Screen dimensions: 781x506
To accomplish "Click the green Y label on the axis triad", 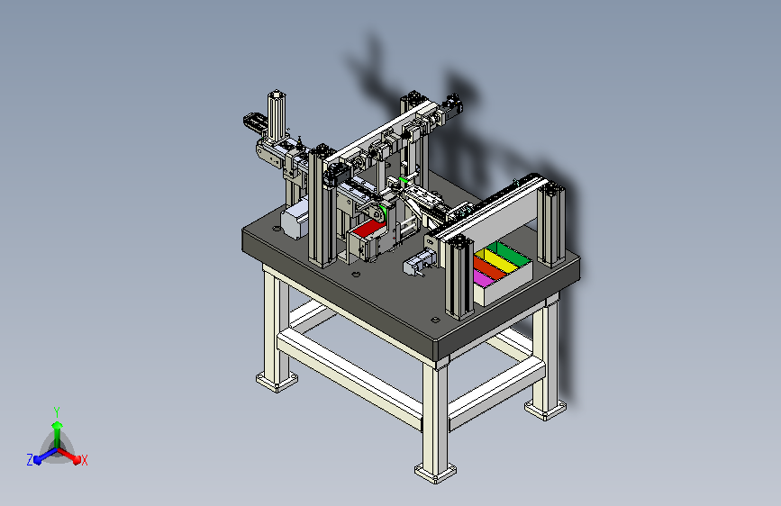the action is pyautogui.click(x=57, y=411).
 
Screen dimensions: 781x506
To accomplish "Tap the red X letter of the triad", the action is pyautogui.click(x=84, y=460).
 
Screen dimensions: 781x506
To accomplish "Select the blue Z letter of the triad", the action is pyautogui.click(x=30, y=460).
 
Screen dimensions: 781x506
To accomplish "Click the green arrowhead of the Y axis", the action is pyautogui.click(x=57, y=425).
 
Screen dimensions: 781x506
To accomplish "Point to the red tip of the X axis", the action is pyautogui.click(x=77, y=459).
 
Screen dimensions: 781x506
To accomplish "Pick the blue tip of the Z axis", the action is pyautogui.click(x=37, y=459).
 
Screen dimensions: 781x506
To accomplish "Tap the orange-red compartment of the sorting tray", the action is pyautogui.click(x=487, y=268).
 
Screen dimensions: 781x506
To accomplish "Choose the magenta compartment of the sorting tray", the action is pyautogui.click(x=482, y=278).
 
